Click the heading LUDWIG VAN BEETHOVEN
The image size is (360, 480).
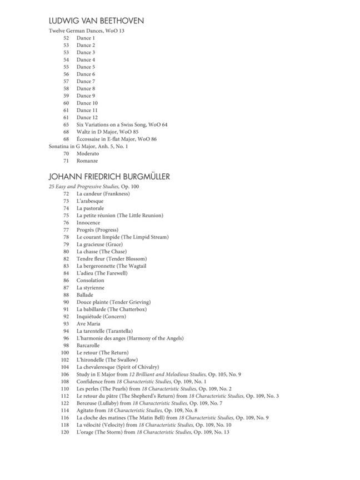[x=96, y=21]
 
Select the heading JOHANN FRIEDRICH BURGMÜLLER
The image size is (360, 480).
[x=109, y=177]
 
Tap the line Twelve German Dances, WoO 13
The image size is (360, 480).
[x=86, y=31]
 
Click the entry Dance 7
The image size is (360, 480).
[x=86, y=81]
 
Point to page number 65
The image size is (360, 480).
[x=66, y=124]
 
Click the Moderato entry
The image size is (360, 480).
[x=88, y=153]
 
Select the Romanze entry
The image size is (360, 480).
[x=87, y=161]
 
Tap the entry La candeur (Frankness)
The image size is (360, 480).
[x=103, y=194]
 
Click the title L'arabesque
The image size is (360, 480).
[x=90, y=201]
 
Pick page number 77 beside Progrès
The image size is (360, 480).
[x=66, y=230]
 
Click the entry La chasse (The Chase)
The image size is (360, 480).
[x=101, y=252]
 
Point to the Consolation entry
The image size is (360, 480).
[x=90, y=281]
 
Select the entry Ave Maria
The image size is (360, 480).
[x=88, y=324]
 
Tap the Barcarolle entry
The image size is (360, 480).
[x=88, y=346]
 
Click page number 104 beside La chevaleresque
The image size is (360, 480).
[x=65, y=367]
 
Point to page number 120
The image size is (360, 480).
[x=65, y=432]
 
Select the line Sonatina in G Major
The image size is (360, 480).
[x=88, y=146]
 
